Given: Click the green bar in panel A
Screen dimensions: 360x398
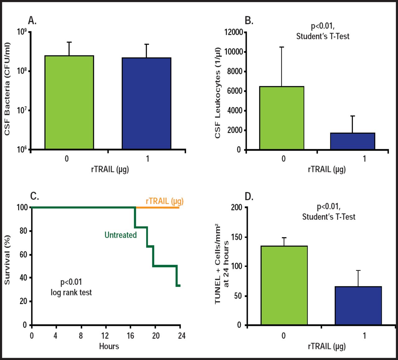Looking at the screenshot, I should (69, 102).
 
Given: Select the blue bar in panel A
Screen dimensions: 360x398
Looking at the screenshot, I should (146, 103).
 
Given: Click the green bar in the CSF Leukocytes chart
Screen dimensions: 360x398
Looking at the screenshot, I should (282, 118).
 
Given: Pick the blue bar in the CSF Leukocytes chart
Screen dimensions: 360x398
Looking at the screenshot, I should (353, 141).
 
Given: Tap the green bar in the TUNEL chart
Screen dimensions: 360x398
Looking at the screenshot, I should (284, 285).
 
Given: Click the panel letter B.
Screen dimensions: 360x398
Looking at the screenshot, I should (249, 21).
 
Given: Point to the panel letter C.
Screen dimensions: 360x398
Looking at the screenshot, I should (35, 196).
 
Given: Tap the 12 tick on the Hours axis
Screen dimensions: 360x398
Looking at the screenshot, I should (105, 335).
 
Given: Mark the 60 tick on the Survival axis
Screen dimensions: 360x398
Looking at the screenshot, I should (24, 255).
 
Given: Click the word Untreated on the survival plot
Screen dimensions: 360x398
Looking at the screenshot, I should (121, 235).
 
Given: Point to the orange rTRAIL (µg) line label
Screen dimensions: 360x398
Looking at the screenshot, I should (164, 201).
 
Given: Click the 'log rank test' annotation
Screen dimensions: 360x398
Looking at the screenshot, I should (71, 292).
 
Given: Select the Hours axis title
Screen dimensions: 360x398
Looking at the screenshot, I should (109, 346).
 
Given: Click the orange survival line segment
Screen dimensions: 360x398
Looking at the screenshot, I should (157, 207).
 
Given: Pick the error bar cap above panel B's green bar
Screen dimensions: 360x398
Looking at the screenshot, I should (282, 47).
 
